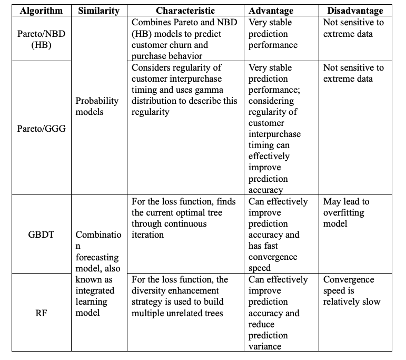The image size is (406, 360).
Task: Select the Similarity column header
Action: tap(98, 11)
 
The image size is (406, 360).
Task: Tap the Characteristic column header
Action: tap(185, 11)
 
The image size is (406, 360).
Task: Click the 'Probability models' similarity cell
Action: tap(97, 106)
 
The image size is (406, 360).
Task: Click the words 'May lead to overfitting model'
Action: tap(346, 212)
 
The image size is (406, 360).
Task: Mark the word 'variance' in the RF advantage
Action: tap(268, 346)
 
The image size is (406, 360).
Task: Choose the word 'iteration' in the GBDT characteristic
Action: tap(148, 235)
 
